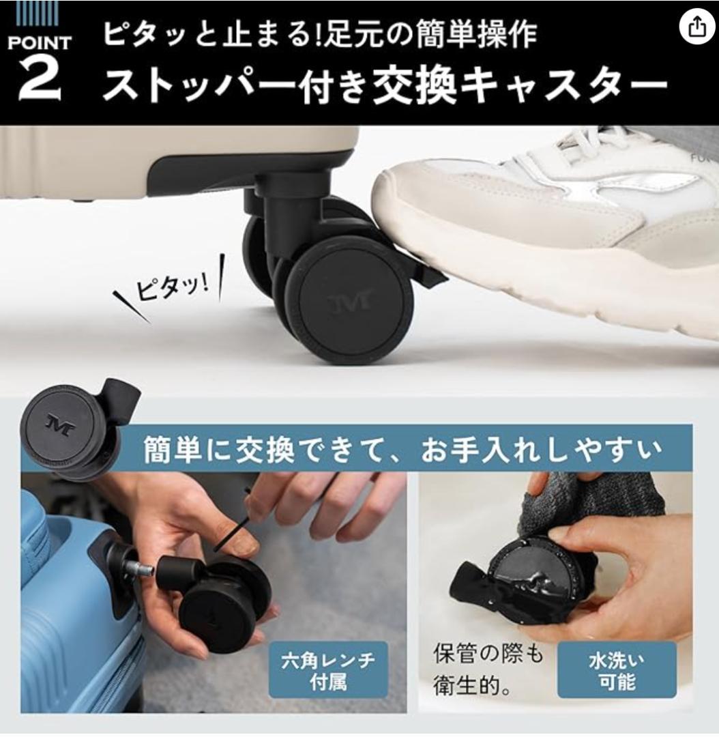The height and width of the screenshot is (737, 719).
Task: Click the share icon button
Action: point(695,27)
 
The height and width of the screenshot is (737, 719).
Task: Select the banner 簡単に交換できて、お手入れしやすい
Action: point(402,450)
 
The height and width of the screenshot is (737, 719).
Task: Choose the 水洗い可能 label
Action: point(616,670)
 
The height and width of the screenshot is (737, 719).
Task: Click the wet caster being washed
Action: point(539,580)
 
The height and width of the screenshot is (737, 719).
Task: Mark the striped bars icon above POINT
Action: point(38,12)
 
